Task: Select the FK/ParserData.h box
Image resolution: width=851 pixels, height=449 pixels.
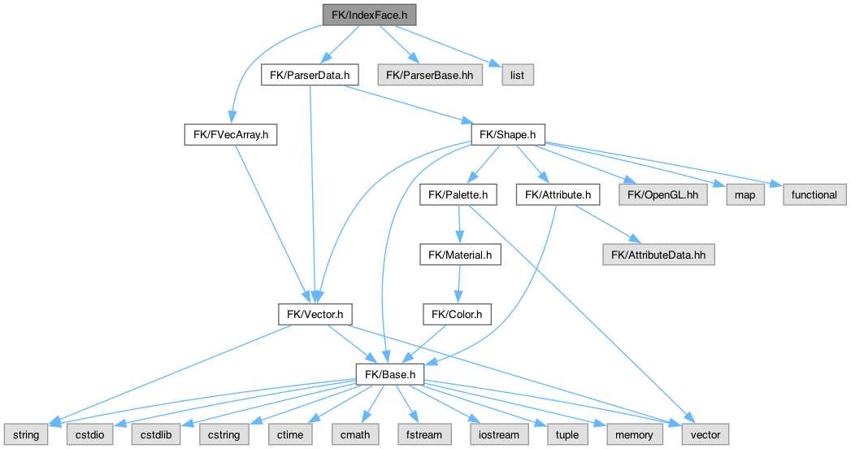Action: (x=310, y=76)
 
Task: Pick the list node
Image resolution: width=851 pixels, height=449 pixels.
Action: (x=517, y=76)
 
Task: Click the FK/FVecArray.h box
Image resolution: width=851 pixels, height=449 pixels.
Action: (x=231, y=135)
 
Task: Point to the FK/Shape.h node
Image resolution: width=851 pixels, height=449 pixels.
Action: (x=508, y=135)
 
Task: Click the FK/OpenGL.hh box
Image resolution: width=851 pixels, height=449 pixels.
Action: (x=663, y=195)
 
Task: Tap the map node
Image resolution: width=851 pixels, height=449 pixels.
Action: (x=745, y=195)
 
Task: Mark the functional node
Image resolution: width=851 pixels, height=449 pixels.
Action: (x=814, y=195)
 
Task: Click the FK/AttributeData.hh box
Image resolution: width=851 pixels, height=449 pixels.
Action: (x=658, y=255)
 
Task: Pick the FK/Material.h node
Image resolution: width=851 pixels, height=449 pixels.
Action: (x=460, y=255)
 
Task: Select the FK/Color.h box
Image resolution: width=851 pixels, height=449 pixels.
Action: (x=457, y=314)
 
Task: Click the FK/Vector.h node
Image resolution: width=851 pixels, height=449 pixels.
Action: (x=315, y=314)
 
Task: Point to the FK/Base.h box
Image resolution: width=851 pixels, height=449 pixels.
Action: (x=390, y=374)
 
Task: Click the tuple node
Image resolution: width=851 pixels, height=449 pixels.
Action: (x=567, y=434)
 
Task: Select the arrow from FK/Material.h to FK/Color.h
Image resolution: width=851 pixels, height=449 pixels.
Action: (x=459, y=285)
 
